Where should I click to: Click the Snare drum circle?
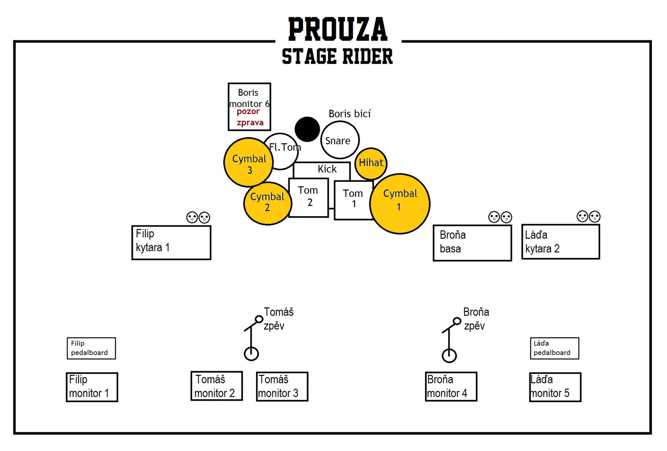click(x=340, y=140)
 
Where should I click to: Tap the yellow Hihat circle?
click(x=371, y=163)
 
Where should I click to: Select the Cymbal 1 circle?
click(x=400, y=204)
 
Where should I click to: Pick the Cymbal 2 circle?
click(x=267, y=203)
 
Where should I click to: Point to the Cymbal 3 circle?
click(x=248, y=162)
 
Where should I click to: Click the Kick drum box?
click(x=322, y=170)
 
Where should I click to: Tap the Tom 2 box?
click(x=308, y=197)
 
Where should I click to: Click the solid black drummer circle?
click(x=307, y=129)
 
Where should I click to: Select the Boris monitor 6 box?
click(x=249, y=107)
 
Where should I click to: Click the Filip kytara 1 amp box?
click(x=171, y=242)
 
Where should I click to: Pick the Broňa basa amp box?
click(x=472, y=243)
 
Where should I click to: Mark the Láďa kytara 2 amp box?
click(x=560, y=242)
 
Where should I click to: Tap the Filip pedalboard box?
click(x=91, y=348)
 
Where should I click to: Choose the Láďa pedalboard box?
click(x=554, y=348)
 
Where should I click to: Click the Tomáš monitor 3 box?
click(x=282, y=386)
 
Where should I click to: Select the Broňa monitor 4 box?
click(x=451, y=386)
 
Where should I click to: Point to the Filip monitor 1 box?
click(x=92, y=387)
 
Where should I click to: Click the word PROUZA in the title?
click(x=338, y=29)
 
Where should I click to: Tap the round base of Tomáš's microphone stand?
click(x=251, y=354)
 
